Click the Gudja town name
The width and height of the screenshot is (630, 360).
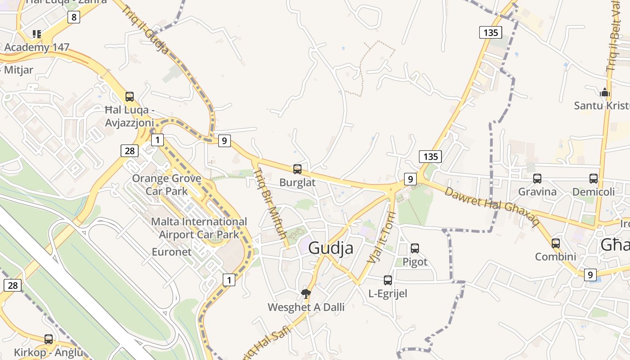pos(331,248)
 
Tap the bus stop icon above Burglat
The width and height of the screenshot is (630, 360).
pos(297,169)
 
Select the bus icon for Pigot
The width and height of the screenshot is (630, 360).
pos(415,248)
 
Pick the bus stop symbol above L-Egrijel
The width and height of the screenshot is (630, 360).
pos(388,280)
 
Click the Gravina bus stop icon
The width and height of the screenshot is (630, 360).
pos(537,179)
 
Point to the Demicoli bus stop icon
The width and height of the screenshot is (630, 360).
pos(594,179)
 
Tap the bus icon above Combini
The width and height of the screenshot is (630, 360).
pos(556,243)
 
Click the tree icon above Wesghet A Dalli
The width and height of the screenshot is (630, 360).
pos(306,294)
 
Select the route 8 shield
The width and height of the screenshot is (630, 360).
pos(74,18)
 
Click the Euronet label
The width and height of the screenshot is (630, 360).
pos(171,252)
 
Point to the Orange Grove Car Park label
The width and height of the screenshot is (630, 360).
pos(166,184)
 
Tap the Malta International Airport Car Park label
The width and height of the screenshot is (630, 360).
pos(199,228)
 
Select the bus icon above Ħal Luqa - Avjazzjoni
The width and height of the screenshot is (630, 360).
pos(130,96)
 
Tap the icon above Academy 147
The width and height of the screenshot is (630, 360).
pos(37,34)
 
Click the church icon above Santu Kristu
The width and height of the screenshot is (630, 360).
pos(605,92)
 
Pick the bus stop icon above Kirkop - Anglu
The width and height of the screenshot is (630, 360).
pos(49,339)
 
